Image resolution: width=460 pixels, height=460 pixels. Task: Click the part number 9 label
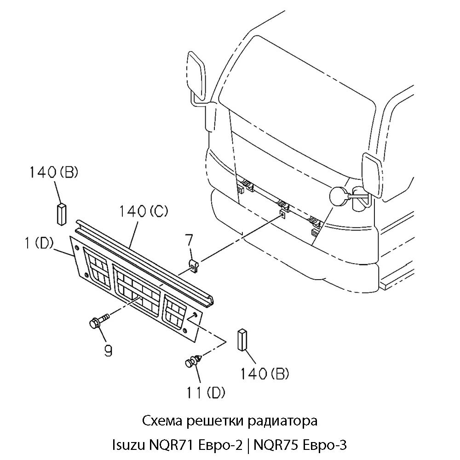click(x=108, y=351)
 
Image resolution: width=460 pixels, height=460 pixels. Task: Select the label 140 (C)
click(x=144, y=212)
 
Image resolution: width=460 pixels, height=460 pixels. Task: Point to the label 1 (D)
click(x=40, y=243)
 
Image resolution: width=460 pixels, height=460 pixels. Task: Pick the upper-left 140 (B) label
click(x=54, y=173)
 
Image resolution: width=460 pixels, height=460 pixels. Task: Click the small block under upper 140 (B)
click(x=61, y=213)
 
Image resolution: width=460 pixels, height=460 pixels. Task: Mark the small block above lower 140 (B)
click(x=242, y=341)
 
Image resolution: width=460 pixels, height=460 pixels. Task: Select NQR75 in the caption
click(x=276, y=445)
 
